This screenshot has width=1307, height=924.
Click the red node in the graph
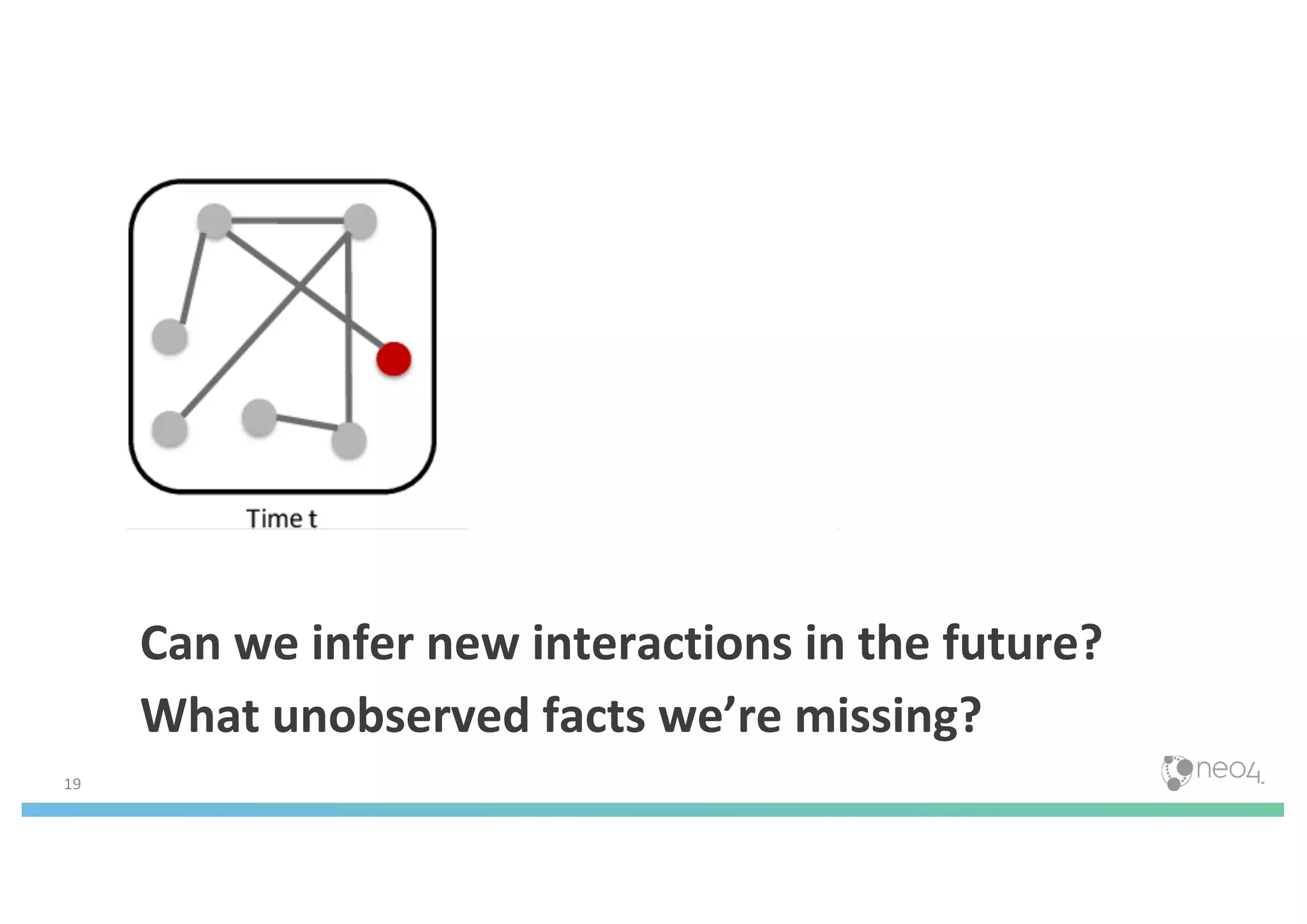click(x=393, y=359)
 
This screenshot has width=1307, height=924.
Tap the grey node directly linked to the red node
click(x=214, y=221)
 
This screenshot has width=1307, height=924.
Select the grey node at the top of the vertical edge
click(x=360, y=221)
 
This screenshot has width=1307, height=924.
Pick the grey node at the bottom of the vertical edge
click(x=349, y=440)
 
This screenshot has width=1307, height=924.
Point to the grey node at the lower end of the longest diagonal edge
click(x=170, y=429)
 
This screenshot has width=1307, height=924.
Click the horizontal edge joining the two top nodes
click(x=287, y=221)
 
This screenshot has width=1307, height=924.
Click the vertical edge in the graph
click(x=348, y=332)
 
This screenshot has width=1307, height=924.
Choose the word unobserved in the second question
click(x=401, y=716)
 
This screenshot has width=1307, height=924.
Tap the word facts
click(x=594, y=716)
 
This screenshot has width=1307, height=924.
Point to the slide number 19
click(x=73, y=784)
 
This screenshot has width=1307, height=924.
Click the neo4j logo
click(x=1211, y=772)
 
